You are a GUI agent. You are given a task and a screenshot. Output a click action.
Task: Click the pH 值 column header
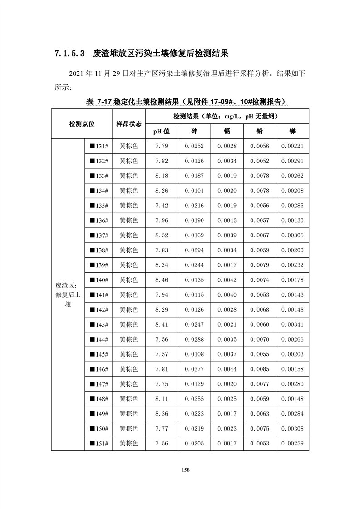click(x=162, y=132)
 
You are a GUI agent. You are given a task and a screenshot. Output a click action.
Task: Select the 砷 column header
click(x=194, y=132)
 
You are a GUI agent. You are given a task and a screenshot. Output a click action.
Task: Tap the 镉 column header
click(x=227, y=132)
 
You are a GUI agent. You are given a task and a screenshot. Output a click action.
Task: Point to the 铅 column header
click(x=260, y=132)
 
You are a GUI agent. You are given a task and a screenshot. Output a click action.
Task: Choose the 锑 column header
click(x=292, y=132)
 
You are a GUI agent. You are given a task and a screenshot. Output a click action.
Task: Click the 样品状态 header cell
click(x=129, y=124)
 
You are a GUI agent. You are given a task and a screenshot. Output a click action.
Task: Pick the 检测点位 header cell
click(x=82, y=124)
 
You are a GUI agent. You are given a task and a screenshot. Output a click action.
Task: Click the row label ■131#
click(x=99, y=146)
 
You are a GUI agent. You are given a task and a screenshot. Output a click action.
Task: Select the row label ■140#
click(x=99, y=280)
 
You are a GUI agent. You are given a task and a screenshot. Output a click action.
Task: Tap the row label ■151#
click(x=99, y=444)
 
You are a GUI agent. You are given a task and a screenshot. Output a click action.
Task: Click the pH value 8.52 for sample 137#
click(x=162, y=235)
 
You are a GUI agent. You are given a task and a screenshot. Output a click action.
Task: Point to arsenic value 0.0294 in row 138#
click(x=194, y=250)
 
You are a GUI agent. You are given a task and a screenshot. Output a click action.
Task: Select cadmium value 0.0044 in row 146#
click(x=227, y=369)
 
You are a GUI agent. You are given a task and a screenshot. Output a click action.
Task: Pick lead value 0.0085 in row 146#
click(x=260, y=369)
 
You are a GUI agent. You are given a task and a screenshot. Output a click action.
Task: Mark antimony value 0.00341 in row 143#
click(x=292, y=325)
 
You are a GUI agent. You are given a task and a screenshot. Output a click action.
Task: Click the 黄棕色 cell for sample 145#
click(x=129, y=354)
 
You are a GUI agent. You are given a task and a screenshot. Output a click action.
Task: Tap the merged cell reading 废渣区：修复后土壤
click(x=68, y=295)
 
